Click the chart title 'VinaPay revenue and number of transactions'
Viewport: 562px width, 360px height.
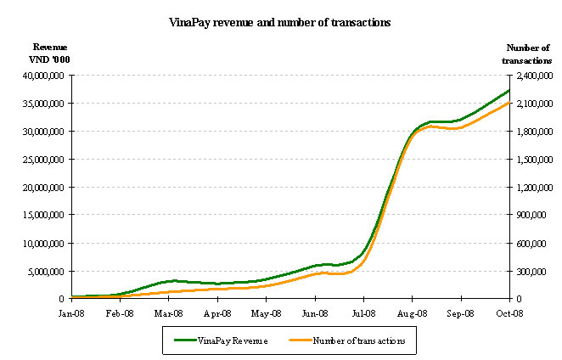pyautogui.click(x=279, y=23)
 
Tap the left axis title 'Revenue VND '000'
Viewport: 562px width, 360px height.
pyautogui.click(x=50, y=53)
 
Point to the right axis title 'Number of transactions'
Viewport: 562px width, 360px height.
pyautogui.click(x=528, y=53)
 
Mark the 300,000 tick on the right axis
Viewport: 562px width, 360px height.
pyautogui.click(x=535, y=272)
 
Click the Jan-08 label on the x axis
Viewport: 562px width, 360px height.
pyautogui.click(x=71, y=312)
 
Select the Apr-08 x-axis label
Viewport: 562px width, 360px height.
pyautogui.click(x=217, y=312)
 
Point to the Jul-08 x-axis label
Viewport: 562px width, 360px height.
pyautogui.click(x=363, y=312)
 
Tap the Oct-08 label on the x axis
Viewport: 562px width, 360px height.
pyautogui.click(x=509, y=312)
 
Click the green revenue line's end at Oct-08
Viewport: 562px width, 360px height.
pyautogui.click(x=509, y=90)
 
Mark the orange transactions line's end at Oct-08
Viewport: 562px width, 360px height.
pyautogui.click(x=509, y=102)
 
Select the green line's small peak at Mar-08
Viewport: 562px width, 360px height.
pyautogui.click(x=173, y=280)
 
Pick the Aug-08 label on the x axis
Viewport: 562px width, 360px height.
pyautogui.click(x=412, y=312)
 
